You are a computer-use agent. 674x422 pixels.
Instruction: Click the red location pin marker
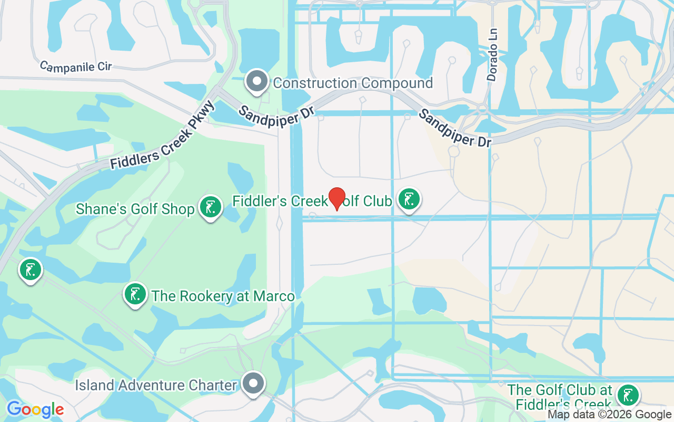[336, 199]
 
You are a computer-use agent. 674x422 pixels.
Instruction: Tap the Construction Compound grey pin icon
[257, 82]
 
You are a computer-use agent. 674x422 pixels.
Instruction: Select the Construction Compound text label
[353, 83]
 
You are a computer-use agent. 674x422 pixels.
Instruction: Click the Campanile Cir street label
[77, 67]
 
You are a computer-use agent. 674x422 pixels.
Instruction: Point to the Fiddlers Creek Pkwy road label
[163, 136]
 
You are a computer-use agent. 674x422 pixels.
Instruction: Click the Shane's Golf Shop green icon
[211, 207]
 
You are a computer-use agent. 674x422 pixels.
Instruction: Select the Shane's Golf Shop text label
[135, 209]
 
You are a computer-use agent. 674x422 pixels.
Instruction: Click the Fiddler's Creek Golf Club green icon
[409, 200]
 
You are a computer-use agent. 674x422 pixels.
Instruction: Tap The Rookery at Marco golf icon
[135, 294]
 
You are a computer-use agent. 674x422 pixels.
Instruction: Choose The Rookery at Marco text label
[223, 296]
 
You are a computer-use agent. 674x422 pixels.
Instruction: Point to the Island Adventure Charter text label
[156, 385]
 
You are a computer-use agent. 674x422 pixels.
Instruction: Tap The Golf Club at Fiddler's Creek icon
[627, 395]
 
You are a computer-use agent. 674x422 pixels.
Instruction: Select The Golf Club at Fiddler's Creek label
[560, 397]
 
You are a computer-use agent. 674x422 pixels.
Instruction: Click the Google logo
[35, 409]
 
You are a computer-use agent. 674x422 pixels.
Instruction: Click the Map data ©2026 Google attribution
[610, 415]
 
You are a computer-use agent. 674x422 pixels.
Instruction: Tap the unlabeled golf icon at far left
[31, 270]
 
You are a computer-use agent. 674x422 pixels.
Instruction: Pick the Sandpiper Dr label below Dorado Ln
[455, 128]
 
